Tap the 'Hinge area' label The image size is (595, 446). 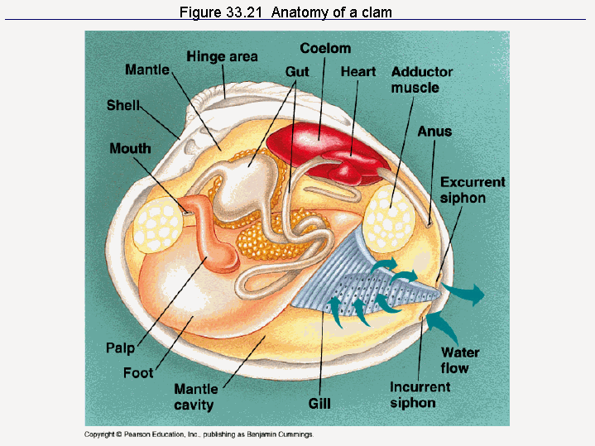click(222, 56)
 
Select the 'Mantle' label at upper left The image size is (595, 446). click(147, 70)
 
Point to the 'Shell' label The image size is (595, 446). click(123, 105)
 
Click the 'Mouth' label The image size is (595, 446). click(131, 148)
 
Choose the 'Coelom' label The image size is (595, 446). click(325, 49)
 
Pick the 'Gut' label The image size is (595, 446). click(297, 72)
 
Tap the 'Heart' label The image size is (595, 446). click(358, 72)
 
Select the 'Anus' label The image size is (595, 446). click(434, 131)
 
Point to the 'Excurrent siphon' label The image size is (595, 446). click(473, 189)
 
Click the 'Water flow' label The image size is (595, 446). click(460, 361)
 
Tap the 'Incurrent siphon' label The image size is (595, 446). click(420, 395)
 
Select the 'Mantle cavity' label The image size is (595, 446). click(195, 396)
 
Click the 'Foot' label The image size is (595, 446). click(138, 372)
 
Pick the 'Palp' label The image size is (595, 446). click(120, 348)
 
